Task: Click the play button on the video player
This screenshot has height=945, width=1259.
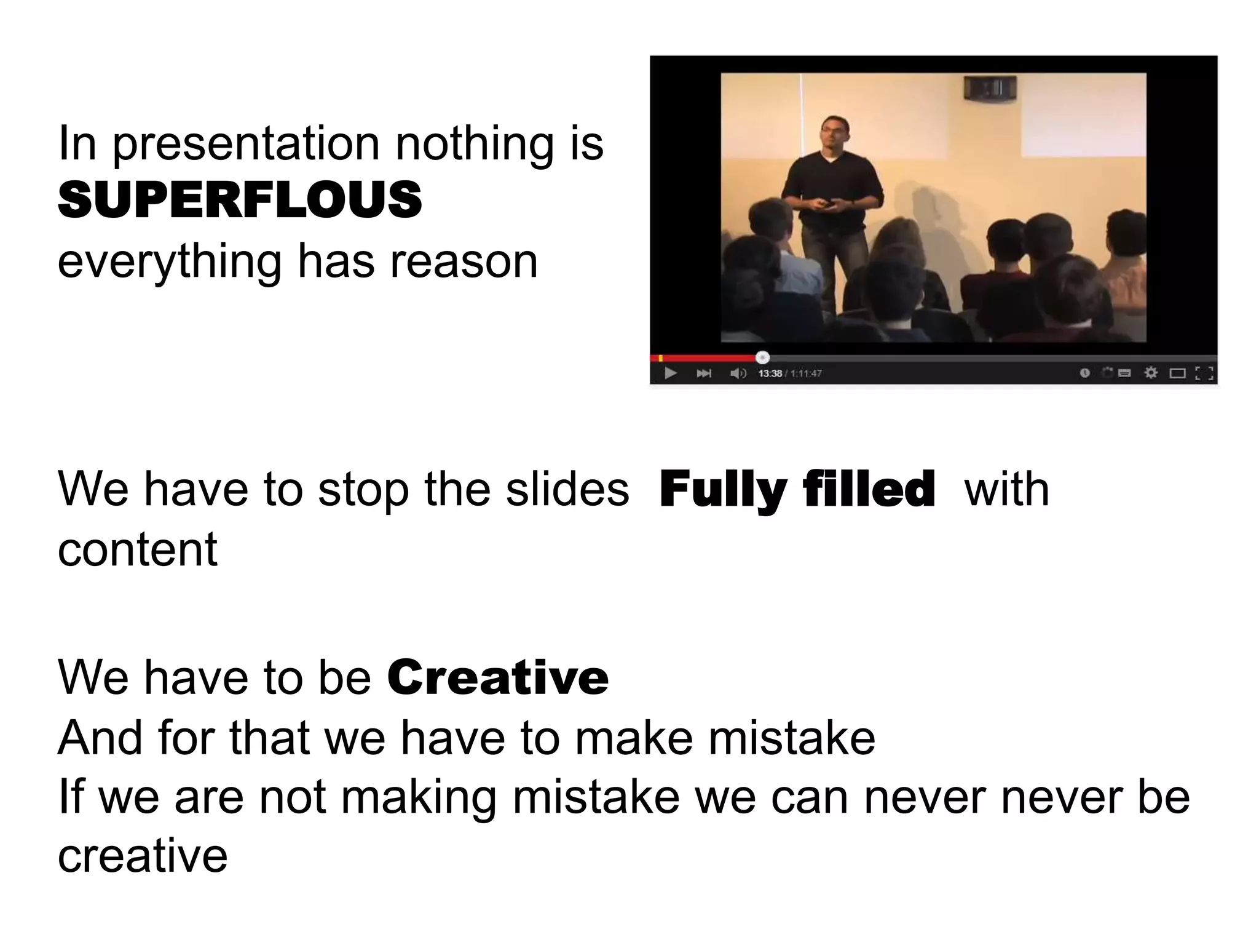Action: [671, 373]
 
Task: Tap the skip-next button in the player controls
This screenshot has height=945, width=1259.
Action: [704, 373]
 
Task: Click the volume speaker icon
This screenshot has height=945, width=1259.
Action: [738, 373]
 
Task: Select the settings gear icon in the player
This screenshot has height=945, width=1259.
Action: [1151, 372]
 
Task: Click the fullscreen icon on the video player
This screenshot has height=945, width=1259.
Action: [1204, 373]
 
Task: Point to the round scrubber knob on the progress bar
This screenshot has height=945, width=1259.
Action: [762, 357]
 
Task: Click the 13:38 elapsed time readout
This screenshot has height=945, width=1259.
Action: [770, 373]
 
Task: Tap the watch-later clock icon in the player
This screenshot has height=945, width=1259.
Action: [1085, 373]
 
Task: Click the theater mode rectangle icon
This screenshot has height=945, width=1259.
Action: [1177, 373]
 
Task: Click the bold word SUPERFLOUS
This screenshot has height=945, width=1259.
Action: [240, 200]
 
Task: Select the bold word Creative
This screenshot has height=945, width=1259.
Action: [498, 677]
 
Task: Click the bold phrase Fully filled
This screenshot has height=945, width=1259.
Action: [797, 490]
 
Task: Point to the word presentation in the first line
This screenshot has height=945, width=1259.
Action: [246, 145]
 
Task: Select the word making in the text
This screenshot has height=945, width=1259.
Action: [418, 798]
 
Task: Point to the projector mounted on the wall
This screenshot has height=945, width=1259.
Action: [990, 88]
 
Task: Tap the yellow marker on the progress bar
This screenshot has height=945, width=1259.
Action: [661, 357]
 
